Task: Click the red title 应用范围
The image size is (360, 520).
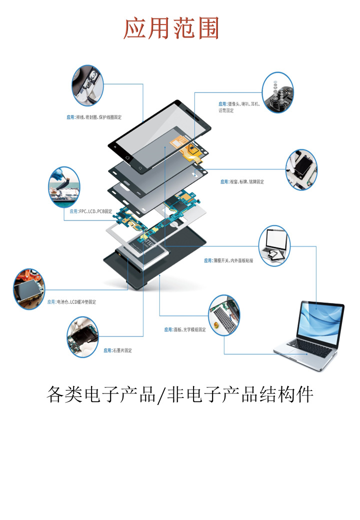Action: tap(171, 28)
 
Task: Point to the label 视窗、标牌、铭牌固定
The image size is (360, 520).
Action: tap(242, 181)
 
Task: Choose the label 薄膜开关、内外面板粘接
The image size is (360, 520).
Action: tap(228, 260)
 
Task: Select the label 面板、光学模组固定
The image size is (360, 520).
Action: tap(185, 329)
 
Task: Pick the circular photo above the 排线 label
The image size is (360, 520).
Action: tap(87, 85)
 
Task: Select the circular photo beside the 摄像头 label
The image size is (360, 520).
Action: tap(277, 92)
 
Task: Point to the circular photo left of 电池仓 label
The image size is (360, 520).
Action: tap(29, 288)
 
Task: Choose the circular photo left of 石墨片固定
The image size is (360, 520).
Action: tap(83, 336)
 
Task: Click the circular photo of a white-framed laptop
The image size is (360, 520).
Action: tap(274, 246)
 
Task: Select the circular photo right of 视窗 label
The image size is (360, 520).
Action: tap(301, 169)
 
